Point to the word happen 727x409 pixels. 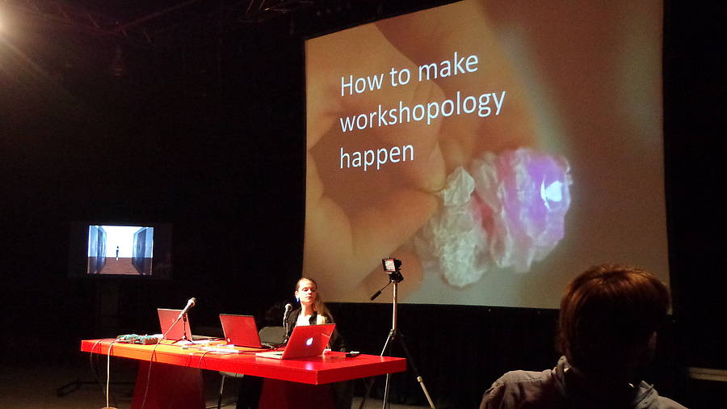click(x=377, y=157)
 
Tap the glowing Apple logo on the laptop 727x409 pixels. click(x=309, y=342)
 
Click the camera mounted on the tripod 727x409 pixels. click(x=393, y=266)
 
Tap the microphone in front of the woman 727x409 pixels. click(x=288, y=310)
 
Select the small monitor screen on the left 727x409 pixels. click(x=120, y=250)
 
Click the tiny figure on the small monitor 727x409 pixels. click(x=117, y=253)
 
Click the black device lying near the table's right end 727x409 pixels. click(x=352, y=354)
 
